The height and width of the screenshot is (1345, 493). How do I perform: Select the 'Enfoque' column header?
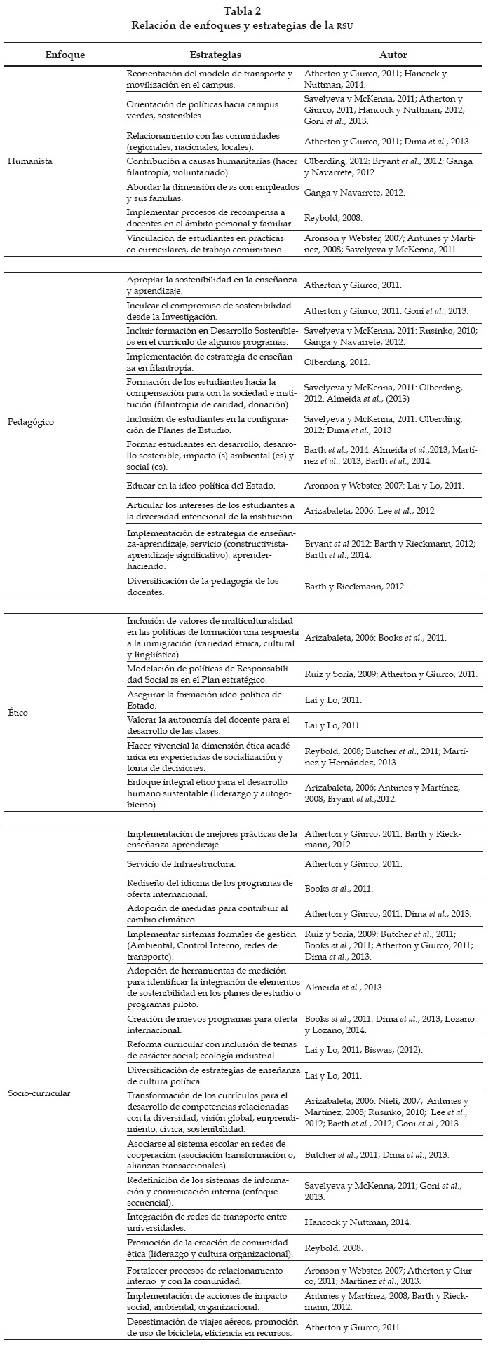(x=65, y=55)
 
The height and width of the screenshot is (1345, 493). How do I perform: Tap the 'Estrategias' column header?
(x=215, y=55)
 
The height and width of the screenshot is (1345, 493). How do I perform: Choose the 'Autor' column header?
(x=393, y=55)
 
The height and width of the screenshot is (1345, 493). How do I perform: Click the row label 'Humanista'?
(x=29, y=161)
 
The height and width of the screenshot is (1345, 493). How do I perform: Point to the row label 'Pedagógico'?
(x=31, y=422)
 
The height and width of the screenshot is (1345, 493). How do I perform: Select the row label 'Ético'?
(x=18, y=713)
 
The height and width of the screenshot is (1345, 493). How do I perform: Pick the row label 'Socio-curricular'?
(x=39, y=1093)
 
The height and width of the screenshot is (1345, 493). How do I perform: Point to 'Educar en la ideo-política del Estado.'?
(x=201, y=485)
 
